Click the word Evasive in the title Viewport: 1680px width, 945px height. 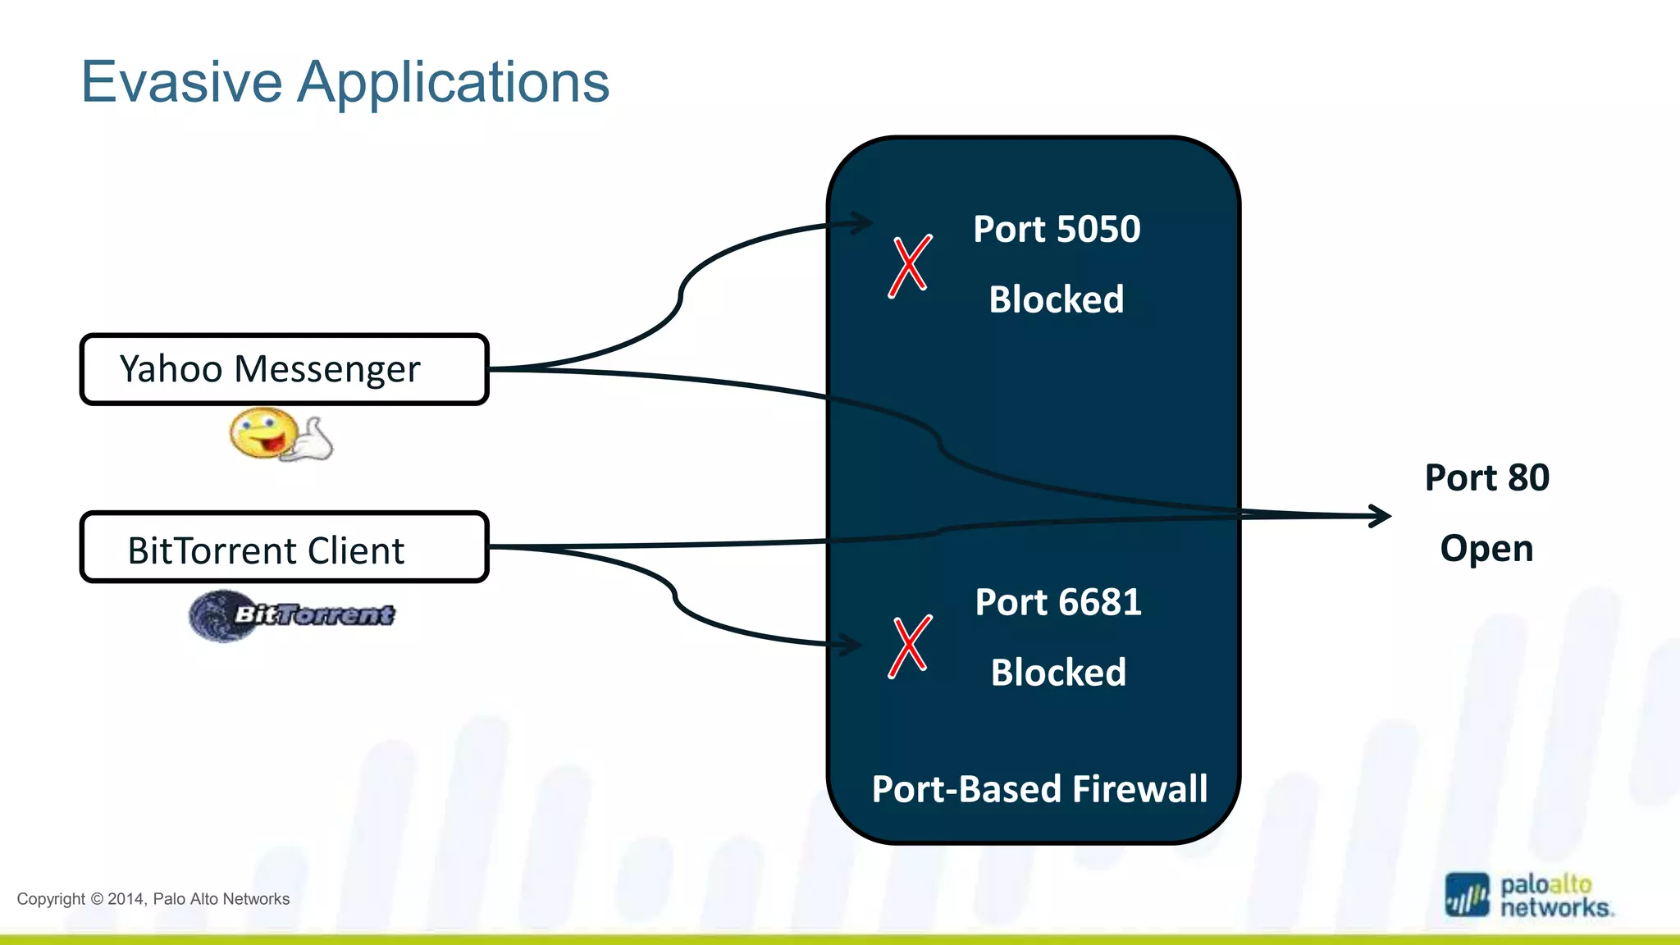pos(181,82)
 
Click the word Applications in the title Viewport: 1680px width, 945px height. pos(453,84)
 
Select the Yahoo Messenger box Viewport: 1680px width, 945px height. pos(284,369)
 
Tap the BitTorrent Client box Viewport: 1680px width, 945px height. pos(284,548)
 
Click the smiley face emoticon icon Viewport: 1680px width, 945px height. pos(279,435)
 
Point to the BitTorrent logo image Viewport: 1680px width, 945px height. pos(292,615)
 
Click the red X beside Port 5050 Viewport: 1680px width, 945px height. pos(910,267)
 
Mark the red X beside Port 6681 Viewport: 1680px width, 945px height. pos(910,646)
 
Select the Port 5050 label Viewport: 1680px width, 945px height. pos(1057,229)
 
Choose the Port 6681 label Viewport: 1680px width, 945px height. pos(1058,602)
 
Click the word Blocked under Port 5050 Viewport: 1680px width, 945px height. pos(1057,299)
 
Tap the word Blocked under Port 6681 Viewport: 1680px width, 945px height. pos(1058,673)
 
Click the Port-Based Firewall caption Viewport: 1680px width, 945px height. pos(1039,789)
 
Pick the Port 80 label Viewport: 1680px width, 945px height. pos(1486,477)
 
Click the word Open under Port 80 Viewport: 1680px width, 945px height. pos(1486,548)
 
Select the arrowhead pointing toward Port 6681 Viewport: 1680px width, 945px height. pos(850,645)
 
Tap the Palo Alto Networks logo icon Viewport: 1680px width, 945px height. pos(1467,895)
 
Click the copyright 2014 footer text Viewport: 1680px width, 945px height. pos(153,899)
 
